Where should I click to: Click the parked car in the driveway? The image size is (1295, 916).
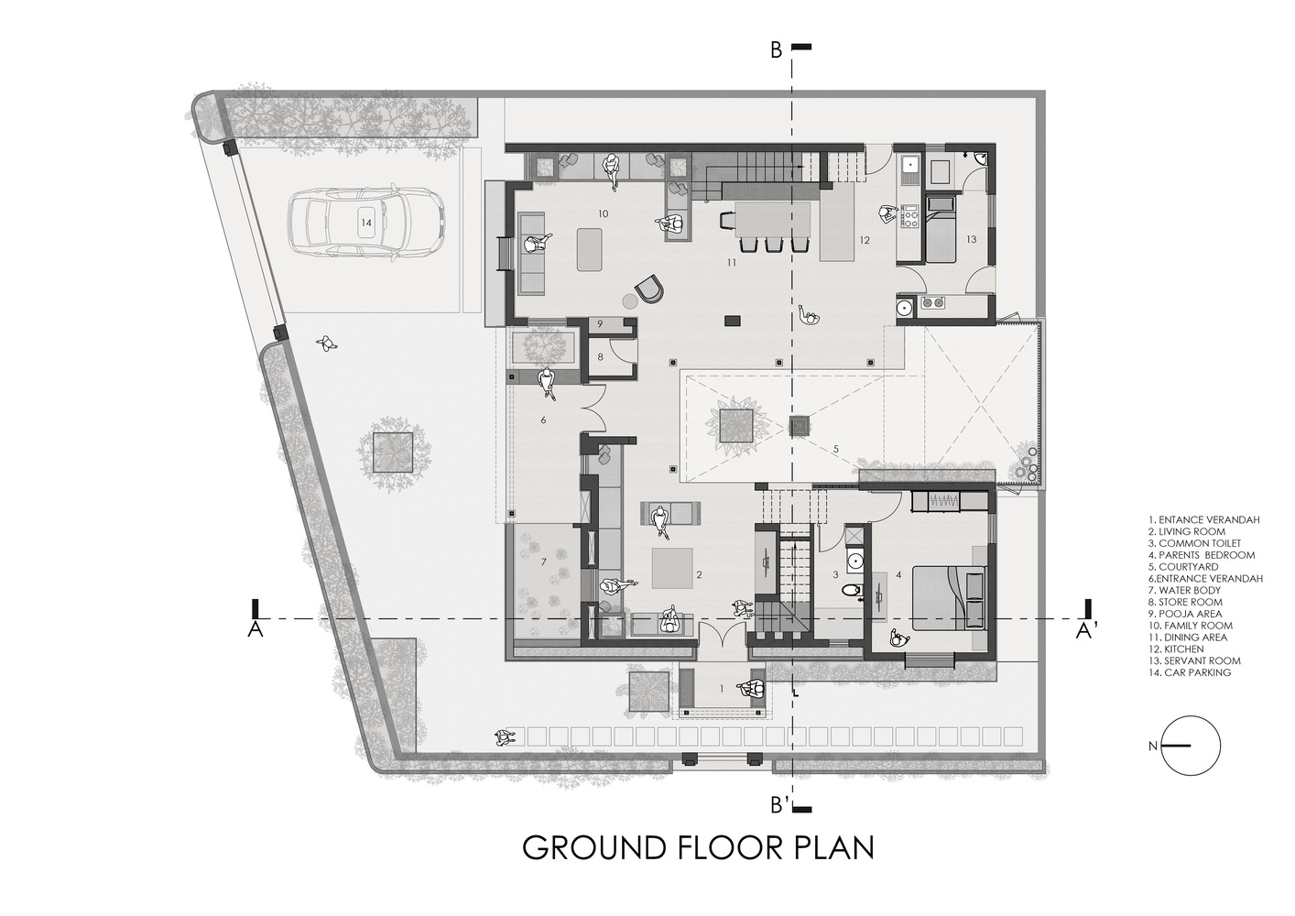point(367,222)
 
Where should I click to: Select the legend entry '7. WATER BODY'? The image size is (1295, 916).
point(1184,591)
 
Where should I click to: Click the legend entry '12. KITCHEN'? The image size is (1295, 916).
point(1176,649)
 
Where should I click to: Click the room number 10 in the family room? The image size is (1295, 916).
point(603,214)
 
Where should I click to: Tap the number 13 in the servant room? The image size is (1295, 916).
point(971,239)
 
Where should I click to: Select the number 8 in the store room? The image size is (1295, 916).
point(600,357)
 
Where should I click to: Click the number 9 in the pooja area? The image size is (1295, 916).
point(600,324)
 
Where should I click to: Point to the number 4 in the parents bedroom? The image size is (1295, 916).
point(898,575)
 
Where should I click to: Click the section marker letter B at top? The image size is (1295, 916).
point(777,51)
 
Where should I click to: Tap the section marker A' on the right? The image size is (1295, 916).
point(1085,632)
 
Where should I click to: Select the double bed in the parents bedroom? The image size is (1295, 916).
point(948,598)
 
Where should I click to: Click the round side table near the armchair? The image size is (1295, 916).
point(629,301)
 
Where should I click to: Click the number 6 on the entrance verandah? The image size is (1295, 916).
point(543,420)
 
